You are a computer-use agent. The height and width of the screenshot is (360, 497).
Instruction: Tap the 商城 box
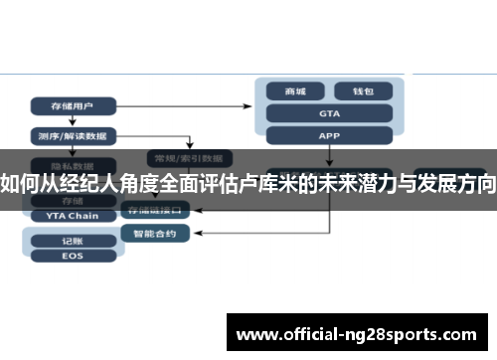pyautogui.click(x=295, y=91)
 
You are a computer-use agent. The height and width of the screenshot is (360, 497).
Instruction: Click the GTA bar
pyautogui.click(x=329, y=113)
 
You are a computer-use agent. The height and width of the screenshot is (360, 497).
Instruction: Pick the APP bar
pyautogui.click(x=329, y=135)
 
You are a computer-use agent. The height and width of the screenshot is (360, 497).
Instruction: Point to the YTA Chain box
pyautogui.click(x=66, y=215)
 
